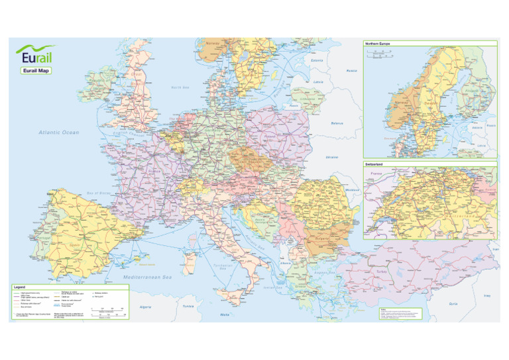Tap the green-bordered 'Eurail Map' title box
36,70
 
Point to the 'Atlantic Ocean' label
59,133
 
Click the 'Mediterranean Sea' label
146,276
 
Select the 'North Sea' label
180,87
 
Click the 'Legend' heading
21,287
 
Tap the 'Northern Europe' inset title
377,44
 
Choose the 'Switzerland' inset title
375,162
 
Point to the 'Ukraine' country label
332,158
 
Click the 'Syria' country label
453,304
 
